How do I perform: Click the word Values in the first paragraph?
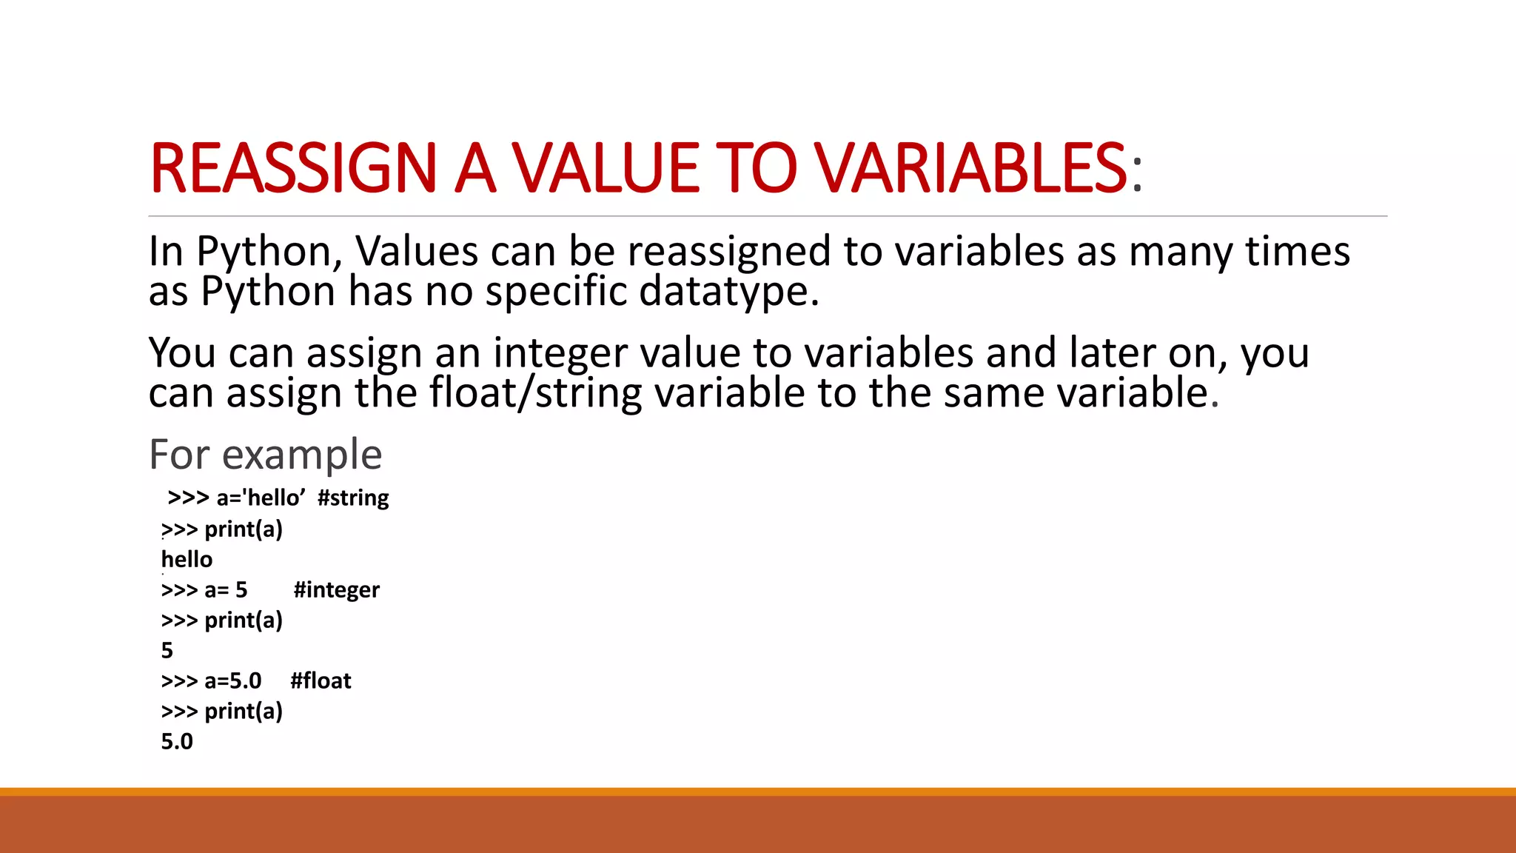pos(417,251)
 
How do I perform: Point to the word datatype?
pos(728,291)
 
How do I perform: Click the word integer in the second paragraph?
pos(560,353)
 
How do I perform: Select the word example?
pos(302,454)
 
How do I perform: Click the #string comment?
pos(353,498)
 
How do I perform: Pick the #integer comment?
pos(336,589)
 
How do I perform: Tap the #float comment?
pos(321,680)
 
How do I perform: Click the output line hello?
pos(187,559)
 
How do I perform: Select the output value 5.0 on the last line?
pos(177,741)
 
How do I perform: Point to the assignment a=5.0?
pos(232,680)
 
